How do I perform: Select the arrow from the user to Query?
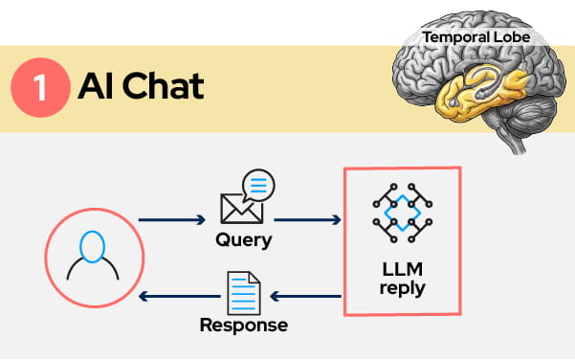click(172, 220)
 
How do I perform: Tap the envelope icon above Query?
click(242, 207)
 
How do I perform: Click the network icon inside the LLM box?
click(403, 213)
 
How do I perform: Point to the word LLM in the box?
click(403, 269)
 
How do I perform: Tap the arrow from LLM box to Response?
click(307, 297)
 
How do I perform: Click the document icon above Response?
click(243, 292)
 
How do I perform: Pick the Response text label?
click(243, 326)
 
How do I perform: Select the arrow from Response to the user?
click(172, 297)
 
